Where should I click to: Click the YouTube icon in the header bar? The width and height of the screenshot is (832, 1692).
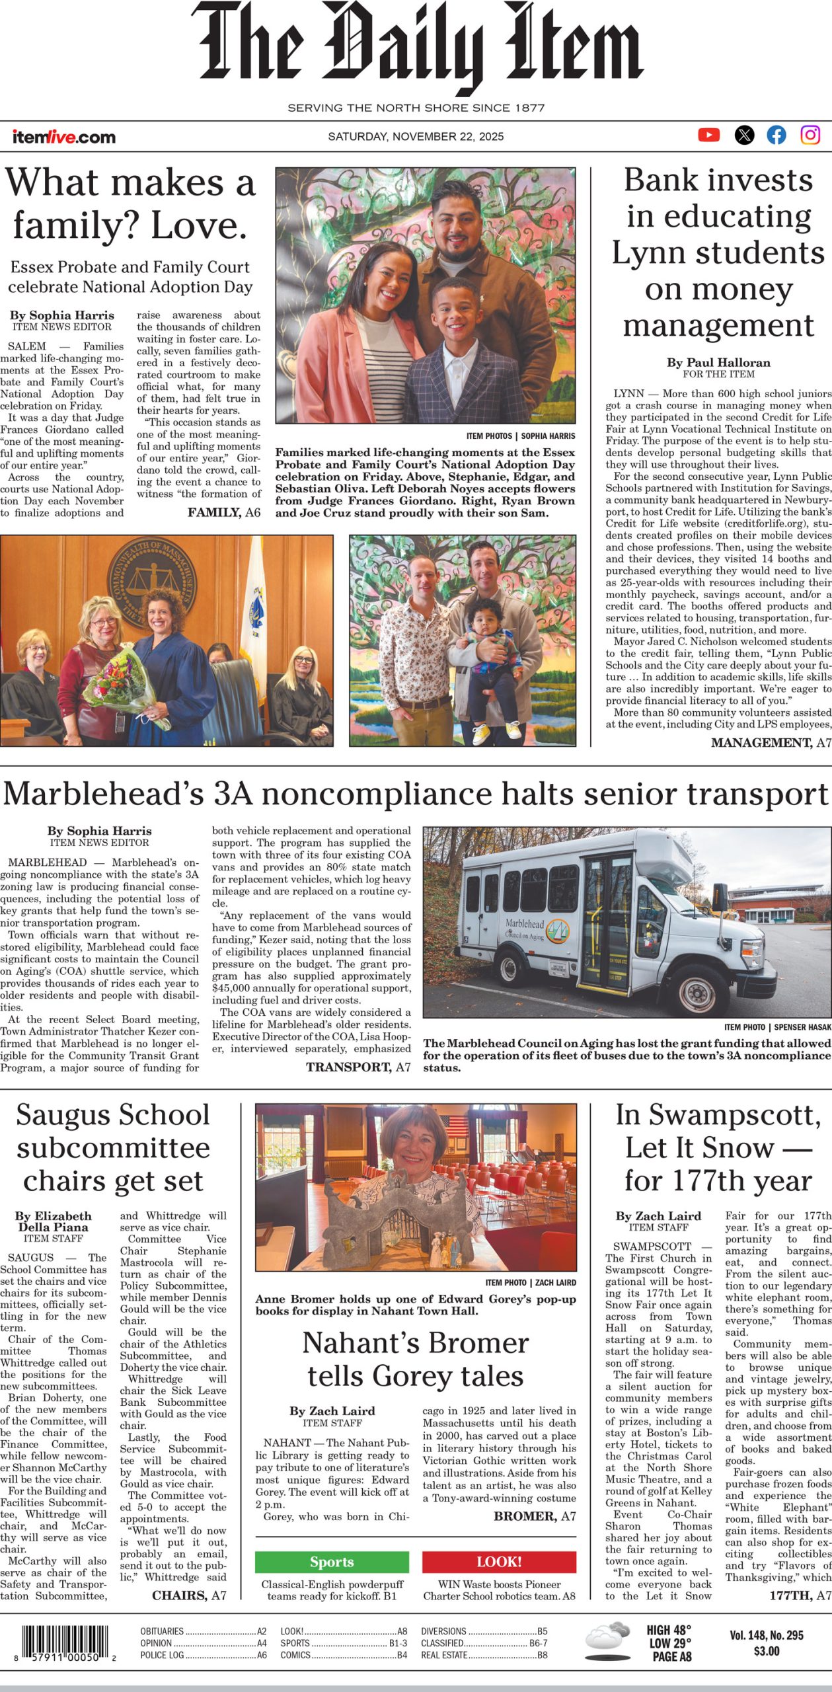(x=708, y=135)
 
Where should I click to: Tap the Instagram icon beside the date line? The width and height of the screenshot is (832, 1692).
(x=810, y=135)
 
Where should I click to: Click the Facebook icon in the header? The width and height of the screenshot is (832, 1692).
(x=776, y=135)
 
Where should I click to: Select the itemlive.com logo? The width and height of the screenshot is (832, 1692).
(x=63, y=137)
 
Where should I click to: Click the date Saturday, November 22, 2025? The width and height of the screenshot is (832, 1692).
(x=416, y=137)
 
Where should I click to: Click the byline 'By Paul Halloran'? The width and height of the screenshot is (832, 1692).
(x=718, y=362)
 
